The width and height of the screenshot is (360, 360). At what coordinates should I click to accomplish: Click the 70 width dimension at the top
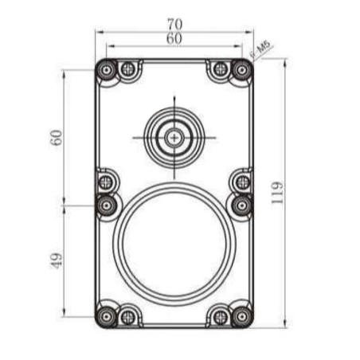(174, 24)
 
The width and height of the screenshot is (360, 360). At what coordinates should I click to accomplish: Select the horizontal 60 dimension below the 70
(174, 38)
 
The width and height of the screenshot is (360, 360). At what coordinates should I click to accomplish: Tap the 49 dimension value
(56, 260)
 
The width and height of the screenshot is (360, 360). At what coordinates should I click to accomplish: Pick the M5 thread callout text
(262, 48)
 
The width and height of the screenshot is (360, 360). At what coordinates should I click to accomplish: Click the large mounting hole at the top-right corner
(241, 70)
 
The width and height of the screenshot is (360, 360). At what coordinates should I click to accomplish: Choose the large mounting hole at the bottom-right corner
(241, 315)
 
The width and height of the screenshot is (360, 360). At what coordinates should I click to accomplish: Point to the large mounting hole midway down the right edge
(241, 205)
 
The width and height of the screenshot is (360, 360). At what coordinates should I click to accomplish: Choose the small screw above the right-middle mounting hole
(241, 182)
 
